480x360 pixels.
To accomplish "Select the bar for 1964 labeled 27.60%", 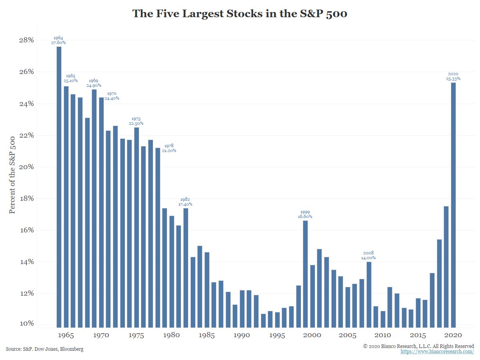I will coord(59,186).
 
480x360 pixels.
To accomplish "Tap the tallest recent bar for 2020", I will coord(453,204).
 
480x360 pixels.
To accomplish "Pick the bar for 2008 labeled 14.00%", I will coord(369,294).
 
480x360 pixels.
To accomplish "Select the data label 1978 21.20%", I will coord(168,148).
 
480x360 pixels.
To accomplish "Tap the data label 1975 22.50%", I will coord(136,121).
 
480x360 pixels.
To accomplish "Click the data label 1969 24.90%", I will coord(94,83).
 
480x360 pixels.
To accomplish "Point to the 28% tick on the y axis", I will coord(26,40).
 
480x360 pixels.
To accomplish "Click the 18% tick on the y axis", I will coord(26,199).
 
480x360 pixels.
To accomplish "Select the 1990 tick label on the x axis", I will coord(242,335).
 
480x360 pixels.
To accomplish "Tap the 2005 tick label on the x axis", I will coord(348,335).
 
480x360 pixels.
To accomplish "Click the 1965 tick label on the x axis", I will coord(66,335).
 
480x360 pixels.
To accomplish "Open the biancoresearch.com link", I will coord(437,352).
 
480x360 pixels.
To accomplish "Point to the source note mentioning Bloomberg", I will coord(45,349).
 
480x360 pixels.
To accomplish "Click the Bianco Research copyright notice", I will coord(418,346).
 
